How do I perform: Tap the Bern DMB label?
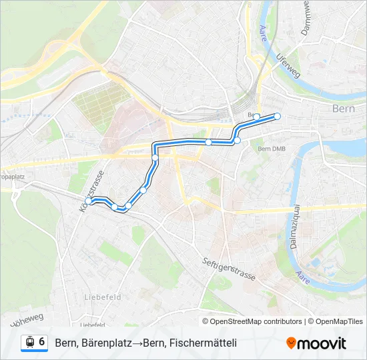point(271,149)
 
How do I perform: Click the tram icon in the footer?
point(29,343)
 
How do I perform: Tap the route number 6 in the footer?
point(42,342)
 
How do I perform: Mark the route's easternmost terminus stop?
point(278,117)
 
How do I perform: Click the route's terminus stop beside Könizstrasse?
point(88,200)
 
